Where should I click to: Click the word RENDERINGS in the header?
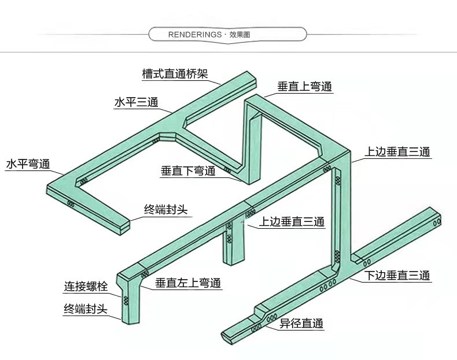click(195, 35)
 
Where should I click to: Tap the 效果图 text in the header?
click(239, 35)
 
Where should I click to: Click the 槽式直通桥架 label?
click(175, 73)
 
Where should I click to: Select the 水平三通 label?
click(137, 102)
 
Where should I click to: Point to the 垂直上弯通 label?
click(304, 87)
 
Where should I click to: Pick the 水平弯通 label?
click(28, 164)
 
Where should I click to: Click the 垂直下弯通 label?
click(188, 171)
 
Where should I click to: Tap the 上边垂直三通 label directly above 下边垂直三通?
click(397, 152)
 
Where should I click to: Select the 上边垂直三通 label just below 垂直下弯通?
click(292, 222)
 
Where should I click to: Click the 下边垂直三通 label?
click(397, 275)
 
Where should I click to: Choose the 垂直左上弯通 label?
click(188, 283)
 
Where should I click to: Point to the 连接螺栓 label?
click(86, 287)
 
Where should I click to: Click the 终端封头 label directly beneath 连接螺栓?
click(86, 309)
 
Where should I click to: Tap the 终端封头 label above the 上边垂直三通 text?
click(166, 210)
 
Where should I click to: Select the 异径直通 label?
click(301, 324)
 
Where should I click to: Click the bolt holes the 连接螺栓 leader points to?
click(126, 300)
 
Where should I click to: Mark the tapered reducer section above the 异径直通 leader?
click(261, 314)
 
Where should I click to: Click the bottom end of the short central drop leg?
click(233, 261)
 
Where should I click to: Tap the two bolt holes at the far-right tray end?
click(437, 222)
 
